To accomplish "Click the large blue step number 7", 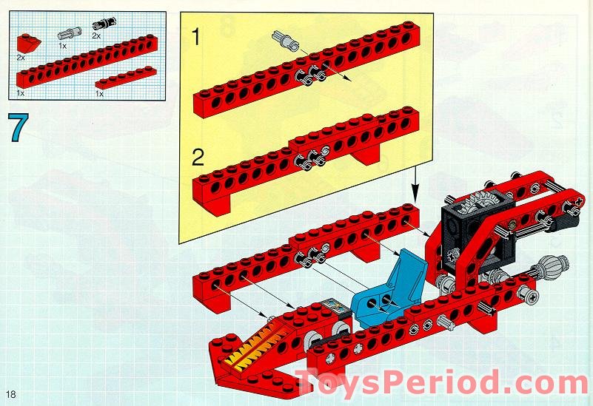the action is click(19, 128).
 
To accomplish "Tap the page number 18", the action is click(11, 394).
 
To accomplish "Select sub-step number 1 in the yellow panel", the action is click(196, 37).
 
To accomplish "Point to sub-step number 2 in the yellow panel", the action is click(198, 158).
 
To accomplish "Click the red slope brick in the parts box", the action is click(27, 44).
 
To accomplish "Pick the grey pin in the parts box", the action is click(67, 34).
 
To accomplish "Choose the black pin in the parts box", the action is click(103, 24).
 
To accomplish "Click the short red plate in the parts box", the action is click(126, 78).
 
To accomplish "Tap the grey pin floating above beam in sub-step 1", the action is click(285, 41).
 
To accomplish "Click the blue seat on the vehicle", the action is click(389, 290).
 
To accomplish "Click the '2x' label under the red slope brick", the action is click(21, 58).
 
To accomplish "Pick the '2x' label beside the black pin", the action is click(96, 36).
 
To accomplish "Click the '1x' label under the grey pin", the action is click(63, 46).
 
